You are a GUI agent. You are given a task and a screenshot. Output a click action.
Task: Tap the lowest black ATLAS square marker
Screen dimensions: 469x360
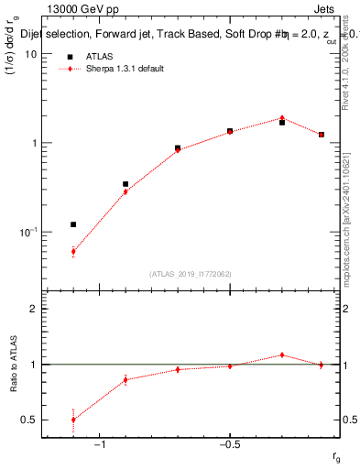(73, 224)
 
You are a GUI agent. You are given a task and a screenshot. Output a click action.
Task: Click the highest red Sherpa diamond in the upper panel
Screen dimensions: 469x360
(282, 118)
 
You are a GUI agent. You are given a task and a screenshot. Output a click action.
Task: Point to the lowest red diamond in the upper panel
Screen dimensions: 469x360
(73, 251)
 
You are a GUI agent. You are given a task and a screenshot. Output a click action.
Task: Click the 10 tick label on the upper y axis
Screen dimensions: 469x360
(30, 54)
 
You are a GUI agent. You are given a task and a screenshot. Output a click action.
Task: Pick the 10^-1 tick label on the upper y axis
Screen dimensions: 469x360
(27, 233)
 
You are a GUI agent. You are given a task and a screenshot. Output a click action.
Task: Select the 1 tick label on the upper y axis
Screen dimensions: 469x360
(33, 144)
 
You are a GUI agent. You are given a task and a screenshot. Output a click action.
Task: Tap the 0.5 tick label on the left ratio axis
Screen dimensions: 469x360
(29, 420)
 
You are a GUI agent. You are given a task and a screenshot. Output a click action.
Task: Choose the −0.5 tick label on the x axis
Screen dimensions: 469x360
(229, 445)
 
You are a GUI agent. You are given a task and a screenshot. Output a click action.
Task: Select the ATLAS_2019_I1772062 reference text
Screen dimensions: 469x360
(191, 273)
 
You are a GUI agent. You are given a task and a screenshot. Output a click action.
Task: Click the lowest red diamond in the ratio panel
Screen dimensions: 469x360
(73, 420)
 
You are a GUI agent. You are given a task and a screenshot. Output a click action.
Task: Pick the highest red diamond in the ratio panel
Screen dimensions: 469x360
(282, 354)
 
